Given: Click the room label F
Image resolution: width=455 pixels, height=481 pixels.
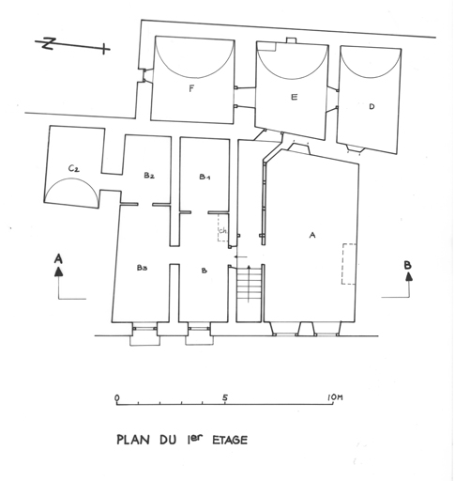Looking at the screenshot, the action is click(x=191, y=89).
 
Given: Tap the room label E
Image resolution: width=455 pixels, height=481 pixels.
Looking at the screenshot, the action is click(x=294, y=97).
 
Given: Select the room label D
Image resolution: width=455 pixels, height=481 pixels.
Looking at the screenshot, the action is click(x=372, y=106).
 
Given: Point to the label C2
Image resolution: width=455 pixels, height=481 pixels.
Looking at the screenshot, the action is click(x=74, y=168).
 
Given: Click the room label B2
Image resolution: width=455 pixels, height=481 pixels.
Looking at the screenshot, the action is click(x=149, y=175).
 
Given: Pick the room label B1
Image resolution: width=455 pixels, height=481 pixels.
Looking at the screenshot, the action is click(x=205, y=177).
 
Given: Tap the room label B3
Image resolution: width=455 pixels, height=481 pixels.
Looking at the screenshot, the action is click(x=143, y=268).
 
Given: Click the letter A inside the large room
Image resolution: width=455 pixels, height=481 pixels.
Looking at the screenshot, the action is click(x=311, y=235).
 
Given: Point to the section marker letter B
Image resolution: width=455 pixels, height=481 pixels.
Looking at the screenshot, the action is click(x=407, y=265).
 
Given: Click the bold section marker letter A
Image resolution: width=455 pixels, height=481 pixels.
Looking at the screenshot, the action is click(x=58, y=259).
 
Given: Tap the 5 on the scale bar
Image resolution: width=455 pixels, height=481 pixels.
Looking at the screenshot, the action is click(x=225, y=397).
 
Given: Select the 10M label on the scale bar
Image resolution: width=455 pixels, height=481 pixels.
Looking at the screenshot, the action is click(x=335, y=397).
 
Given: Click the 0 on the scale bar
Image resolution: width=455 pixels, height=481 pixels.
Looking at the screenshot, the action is click(x=117, y=397).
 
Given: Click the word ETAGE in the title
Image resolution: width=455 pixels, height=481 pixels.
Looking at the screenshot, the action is click(x=230, y=440).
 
